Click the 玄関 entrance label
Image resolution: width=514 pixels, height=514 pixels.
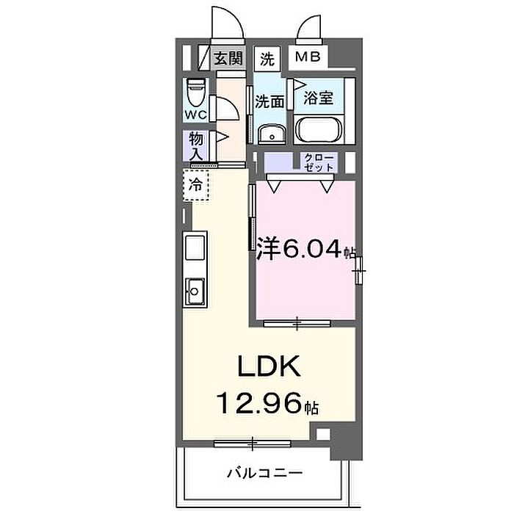[228, 58]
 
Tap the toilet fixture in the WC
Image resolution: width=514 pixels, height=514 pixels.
[196, 93]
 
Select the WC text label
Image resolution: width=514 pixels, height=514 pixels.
[196, 115]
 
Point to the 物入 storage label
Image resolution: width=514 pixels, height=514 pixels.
[196, 146]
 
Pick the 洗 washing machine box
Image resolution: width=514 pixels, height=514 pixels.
[267, 59]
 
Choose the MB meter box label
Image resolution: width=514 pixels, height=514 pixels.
[308, 57]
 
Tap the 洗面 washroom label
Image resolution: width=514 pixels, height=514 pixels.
[269, 101]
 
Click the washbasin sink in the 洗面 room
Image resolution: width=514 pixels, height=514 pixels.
[272, 134]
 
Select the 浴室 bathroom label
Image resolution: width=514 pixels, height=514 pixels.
[318, 98]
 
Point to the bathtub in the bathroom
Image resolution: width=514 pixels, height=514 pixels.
[319, 129]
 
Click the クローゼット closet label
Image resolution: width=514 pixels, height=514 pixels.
[319, 162]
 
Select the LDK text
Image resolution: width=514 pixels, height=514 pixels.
[269, 366]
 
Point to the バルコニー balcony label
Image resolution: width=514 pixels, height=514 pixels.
[265, 473]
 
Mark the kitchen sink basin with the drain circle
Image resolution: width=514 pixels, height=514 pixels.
[195, 292]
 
